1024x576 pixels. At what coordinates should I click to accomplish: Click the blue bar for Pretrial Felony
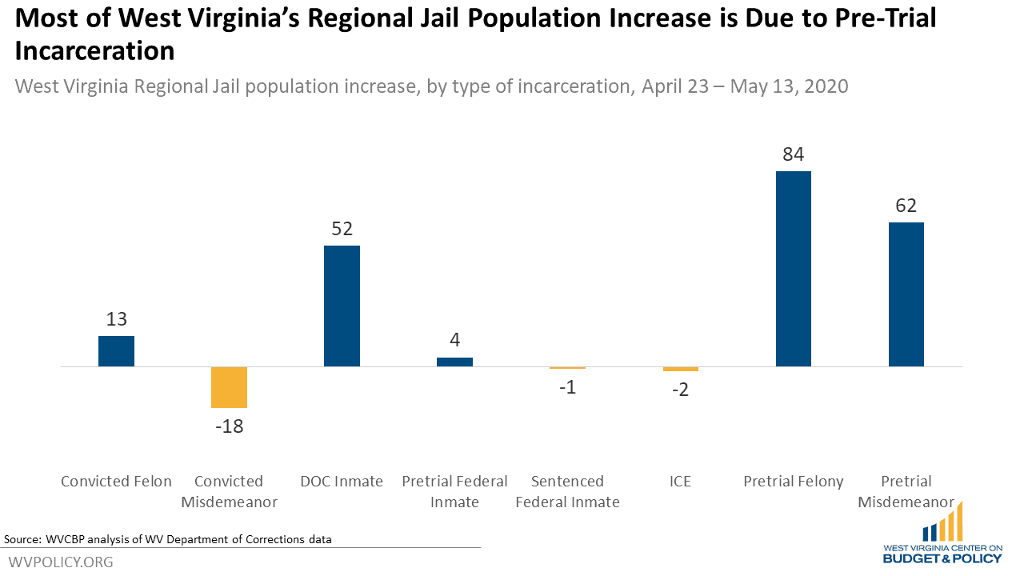tap(793, 269)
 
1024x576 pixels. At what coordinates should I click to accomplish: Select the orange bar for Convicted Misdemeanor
tap(229, 387)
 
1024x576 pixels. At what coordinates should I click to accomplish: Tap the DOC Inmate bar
tap(342, 306)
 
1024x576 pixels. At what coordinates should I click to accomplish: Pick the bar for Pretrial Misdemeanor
tap(906, 294)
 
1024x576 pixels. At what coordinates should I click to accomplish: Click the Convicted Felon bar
tap(116, 351)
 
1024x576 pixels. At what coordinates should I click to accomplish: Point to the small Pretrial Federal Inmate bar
tap(454, 362)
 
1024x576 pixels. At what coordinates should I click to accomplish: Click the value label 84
tap(793, 154)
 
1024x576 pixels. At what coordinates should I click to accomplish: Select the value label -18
tap(229, 426)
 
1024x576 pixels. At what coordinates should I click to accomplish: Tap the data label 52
tap(342, 229)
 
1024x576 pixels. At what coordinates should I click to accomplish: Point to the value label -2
tap(680, 390)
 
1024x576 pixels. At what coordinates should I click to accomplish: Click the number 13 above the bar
tap(116, 319)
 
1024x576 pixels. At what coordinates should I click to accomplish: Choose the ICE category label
tap(680, 482)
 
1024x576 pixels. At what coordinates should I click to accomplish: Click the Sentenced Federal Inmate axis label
tap(567, 491)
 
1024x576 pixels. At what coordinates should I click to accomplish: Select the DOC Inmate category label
tap(342, 482)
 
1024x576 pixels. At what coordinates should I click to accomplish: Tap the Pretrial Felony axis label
tap(793, 482)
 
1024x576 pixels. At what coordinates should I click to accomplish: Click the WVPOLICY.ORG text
tap(61, 562)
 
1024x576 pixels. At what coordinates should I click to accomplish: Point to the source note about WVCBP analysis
tap(168, 539)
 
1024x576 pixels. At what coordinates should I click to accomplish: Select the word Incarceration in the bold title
tap(94, 51)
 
